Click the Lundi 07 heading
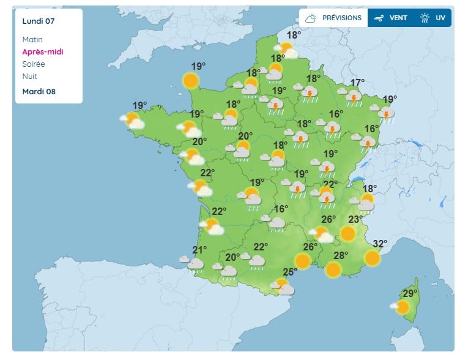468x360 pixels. tap(39, 21)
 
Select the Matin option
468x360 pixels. tap(33, 40)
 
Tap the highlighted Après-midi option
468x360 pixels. tap(42, 52)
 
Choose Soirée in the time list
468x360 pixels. tap(34, 64)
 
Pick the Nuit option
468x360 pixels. tap(29, 77)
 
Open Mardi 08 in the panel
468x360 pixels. tap(39, 92)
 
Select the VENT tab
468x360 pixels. tap(391, 18)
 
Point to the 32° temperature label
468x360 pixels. tap(380, 244)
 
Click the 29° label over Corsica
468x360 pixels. tap(410, 293)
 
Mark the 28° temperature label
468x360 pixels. tap(341, 255)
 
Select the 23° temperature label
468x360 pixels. tap(356, 220)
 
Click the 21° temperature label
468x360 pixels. tap(200, 250)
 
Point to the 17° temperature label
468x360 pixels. tap(357, 83)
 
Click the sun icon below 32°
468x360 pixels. tap(372, 258)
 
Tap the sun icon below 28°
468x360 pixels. tap(333, 269)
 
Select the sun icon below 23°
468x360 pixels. tap(347, 233)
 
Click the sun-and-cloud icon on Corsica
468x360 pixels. tap(401, 307)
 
